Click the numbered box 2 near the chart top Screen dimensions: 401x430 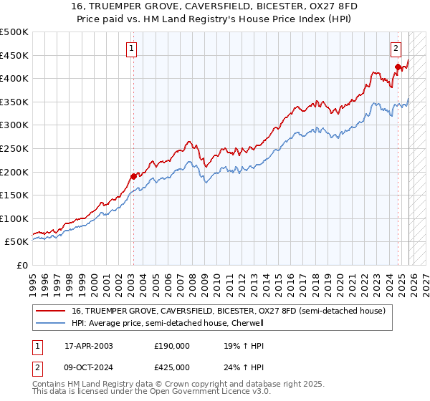click(x=396, y=49)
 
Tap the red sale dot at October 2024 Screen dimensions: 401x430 click(x=398, y=67)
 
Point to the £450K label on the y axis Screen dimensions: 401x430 click(x=14, y=55)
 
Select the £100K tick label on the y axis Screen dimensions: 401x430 click(x=14, y=218)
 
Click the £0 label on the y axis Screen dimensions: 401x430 click(x=22, y=265)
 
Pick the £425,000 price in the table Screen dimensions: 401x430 click(x=172, y=367)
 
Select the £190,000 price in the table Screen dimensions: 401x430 click(x=172, y=345)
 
